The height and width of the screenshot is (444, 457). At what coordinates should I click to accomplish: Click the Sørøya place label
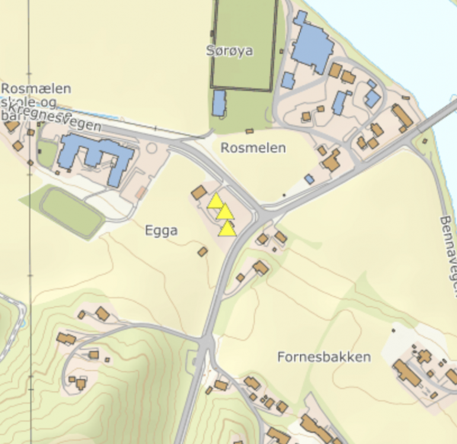(230, 51)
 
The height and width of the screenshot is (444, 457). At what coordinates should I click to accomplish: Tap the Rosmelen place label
(253, 148)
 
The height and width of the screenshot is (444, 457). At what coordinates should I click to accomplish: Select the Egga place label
(161, 231)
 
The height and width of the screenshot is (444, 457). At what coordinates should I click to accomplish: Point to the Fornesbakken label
(324, 357)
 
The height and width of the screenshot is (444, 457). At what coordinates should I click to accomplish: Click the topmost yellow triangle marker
(216, 201)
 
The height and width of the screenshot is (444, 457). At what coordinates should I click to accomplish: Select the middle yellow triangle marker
(224, 212)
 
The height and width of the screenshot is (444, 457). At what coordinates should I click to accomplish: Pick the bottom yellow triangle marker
(227, 229)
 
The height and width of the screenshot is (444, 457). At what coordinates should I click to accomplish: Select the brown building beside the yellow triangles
(199, 192)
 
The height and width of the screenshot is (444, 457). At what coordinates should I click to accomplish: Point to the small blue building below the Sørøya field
(219, 103)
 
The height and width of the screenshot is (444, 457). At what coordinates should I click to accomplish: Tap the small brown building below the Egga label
(203, 252)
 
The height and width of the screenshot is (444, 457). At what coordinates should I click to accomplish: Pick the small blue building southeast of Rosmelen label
(309, 179)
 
